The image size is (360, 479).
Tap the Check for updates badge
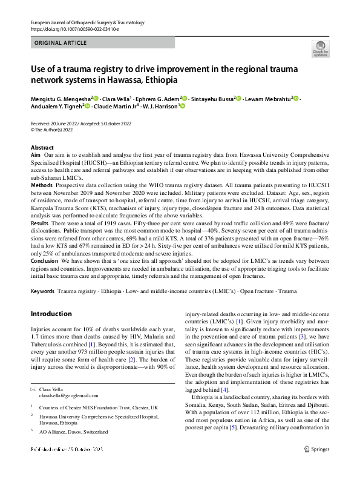pos(319,49)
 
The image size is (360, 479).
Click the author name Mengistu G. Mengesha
pos(60,97)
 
